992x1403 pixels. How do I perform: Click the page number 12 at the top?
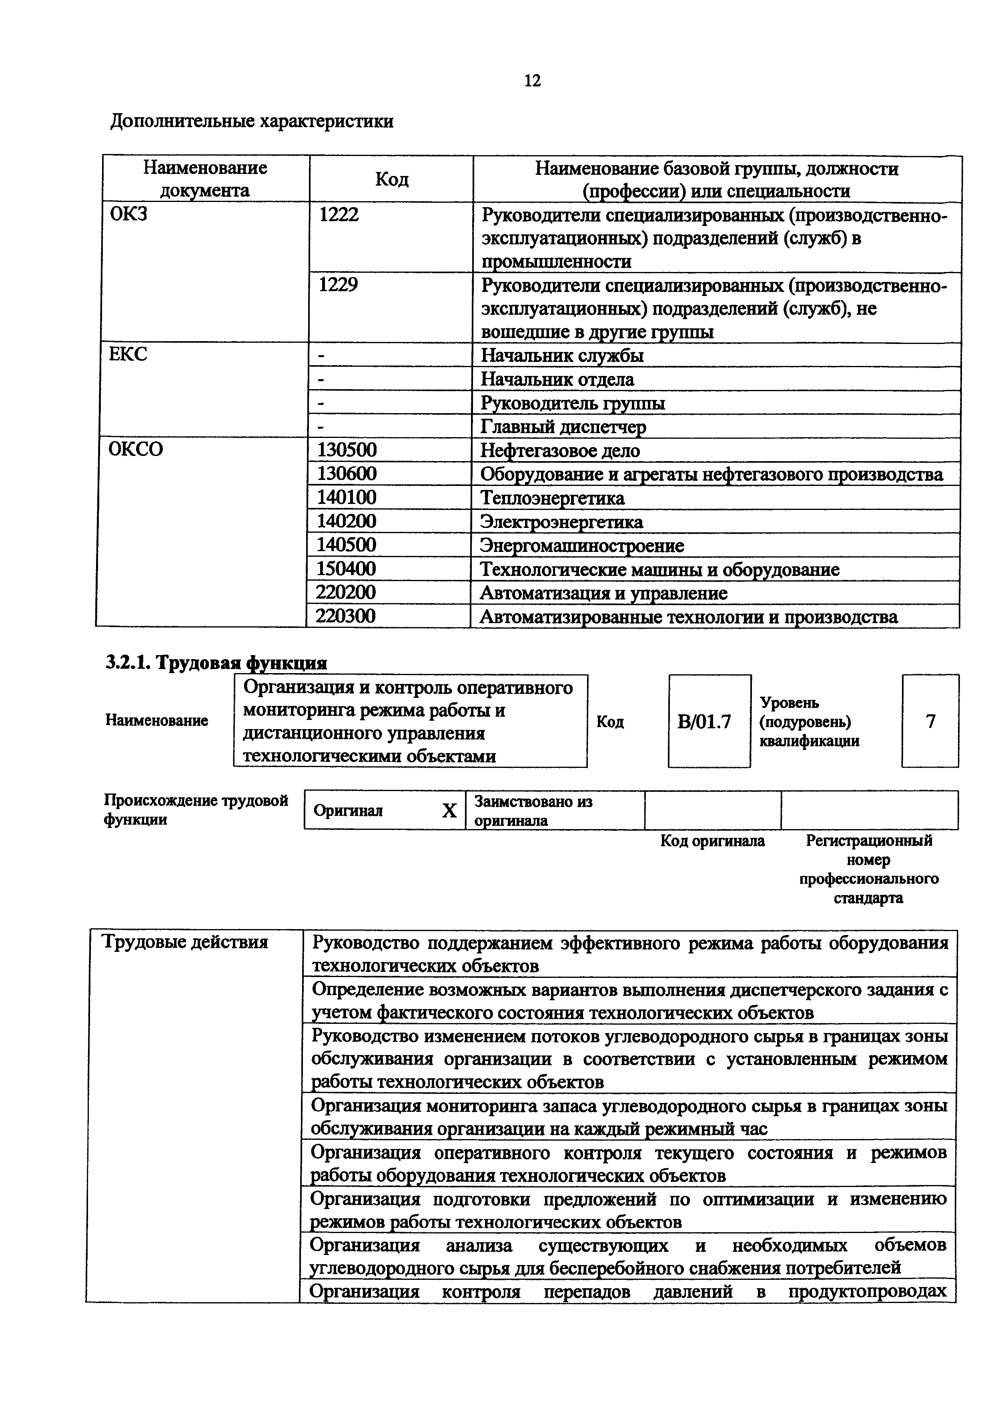532,81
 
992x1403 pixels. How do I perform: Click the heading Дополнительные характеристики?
251,121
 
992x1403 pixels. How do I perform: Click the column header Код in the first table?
391,179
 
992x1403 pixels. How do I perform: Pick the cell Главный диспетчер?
563,426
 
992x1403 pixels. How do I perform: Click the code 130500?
347,450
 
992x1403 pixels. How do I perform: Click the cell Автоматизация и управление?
603,593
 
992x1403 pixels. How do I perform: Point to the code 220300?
345,616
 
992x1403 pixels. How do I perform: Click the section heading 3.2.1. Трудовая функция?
216,663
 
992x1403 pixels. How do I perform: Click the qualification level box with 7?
930,721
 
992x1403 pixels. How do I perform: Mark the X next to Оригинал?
449,811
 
